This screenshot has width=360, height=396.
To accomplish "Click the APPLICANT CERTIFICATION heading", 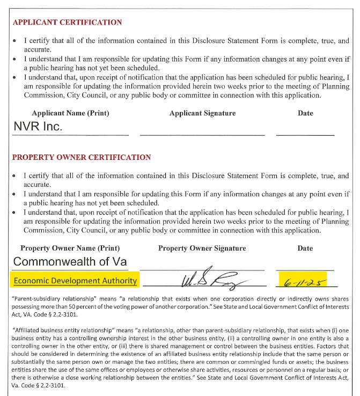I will tap(67, 23).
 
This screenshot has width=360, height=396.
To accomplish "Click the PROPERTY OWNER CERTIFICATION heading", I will tap(82, 157).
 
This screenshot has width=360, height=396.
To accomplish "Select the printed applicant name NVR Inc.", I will tap(38, 127).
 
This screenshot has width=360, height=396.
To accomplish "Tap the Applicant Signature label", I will tap(202, 113).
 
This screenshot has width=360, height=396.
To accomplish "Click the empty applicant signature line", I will tap(202, 134).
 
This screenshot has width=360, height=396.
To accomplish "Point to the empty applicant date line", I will tap(305, 134).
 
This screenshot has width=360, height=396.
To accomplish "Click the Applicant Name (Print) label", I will tap(70, 113).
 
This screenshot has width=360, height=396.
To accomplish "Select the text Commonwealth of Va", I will tap(70, 262).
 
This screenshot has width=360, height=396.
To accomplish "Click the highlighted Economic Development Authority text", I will tap(75, 281).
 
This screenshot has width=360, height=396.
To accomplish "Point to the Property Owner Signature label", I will tap(202, 248).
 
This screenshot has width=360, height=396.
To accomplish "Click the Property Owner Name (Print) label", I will tap(70, 248).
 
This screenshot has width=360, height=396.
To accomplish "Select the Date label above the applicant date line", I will tap(305, 113).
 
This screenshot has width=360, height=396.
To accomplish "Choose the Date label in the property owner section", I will tap(305, 248).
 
